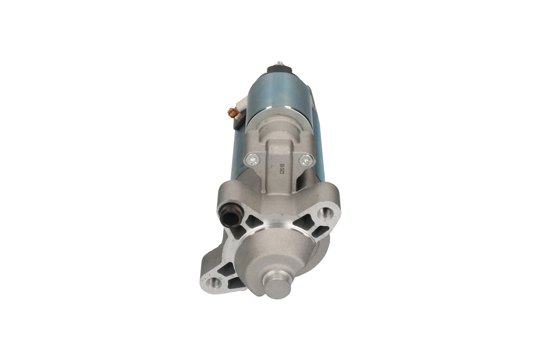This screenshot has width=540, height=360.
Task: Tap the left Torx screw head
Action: (x=252, y=159)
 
